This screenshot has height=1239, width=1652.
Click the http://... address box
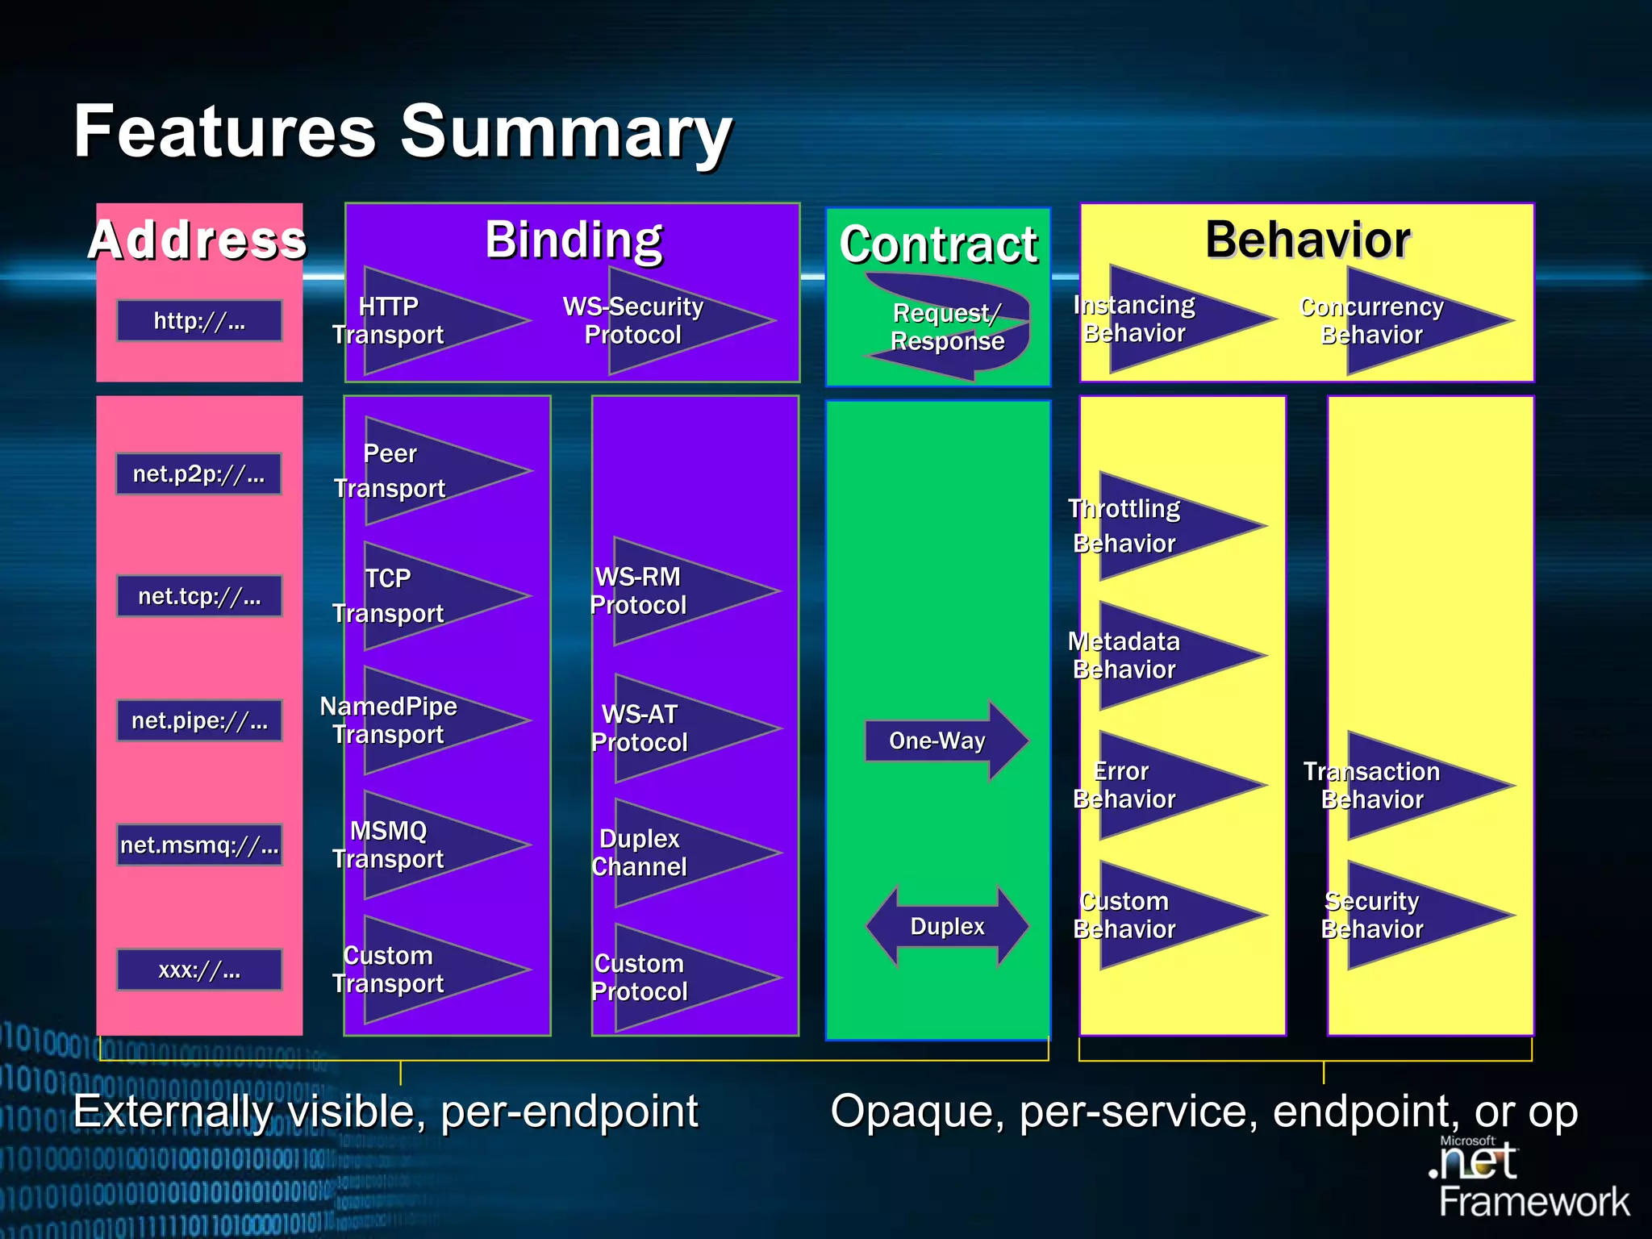coord(199,321)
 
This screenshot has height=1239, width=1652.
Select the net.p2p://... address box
coord(199,473)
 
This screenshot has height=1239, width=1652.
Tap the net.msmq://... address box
coord(199,845)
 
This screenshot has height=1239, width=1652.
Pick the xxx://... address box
coord(199,970)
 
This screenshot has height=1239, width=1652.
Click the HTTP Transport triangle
coord(428,321)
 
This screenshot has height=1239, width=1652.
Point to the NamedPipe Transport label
coord(389,720)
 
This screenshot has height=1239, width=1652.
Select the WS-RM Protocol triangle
coord(678,591)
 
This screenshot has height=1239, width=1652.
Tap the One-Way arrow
coord(945,740)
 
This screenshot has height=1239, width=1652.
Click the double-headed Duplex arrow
coord(947,926)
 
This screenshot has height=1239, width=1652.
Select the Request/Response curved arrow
coord(949,327)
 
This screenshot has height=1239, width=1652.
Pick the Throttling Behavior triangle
coord(1162,526)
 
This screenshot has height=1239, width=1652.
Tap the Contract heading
coord(938,244)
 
